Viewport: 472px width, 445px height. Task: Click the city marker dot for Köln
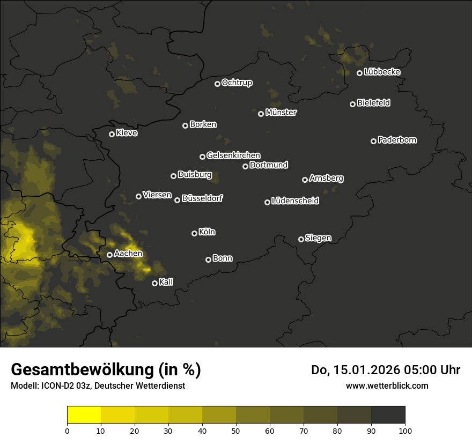[194, 233]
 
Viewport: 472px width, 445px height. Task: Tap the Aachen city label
[128, 254]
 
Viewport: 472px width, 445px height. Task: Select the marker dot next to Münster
[261, 114]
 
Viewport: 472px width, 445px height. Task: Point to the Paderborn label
[397, 140]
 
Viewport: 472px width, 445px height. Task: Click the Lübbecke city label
[382, 72]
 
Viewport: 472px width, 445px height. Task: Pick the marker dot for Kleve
[112, 134]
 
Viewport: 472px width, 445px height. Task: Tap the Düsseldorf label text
[202, 198]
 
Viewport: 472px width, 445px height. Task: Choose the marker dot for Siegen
[301, 239]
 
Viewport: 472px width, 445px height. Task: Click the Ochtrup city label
[237, 83]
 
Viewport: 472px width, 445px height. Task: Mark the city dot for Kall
[154, 283]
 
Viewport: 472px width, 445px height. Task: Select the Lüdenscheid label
[295, 201]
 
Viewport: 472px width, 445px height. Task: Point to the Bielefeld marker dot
[353, 104]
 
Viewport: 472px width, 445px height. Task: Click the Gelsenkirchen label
[233, 155]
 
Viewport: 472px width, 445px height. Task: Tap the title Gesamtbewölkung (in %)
[106, 370]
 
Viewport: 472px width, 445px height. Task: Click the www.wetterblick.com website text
[387, 385]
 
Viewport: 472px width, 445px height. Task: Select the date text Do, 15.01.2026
[356, 370]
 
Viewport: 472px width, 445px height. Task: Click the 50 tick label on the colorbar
[236, 431]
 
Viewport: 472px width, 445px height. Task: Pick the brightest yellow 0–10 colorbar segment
[84, 414]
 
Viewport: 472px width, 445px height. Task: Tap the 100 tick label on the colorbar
[404, 431]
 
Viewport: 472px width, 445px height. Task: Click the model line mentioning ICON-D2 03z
[98, 386]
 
